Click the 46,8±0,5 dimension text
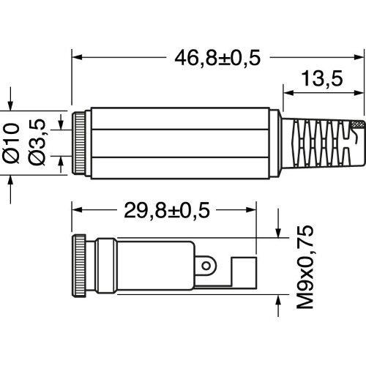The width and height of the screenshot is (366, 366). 217,58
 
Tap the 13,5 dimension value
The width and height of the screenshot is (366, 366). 322,78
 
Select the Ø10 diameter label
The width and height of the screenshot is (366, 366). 11,143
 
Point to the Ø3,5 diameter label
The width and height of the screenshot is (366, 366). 37,142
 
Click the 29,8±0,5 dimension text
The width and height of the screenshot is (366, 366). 167,210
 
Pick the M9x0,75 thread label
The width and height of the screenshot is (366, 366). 305,267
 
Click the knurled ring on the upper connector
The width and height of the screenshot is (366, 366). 79,143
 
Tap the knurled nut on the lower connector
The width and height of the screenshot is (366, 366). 79,266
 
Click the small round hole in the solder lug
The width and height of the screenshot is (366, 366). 206,266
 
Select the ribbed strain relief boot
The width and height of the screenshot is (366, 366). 322,144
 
